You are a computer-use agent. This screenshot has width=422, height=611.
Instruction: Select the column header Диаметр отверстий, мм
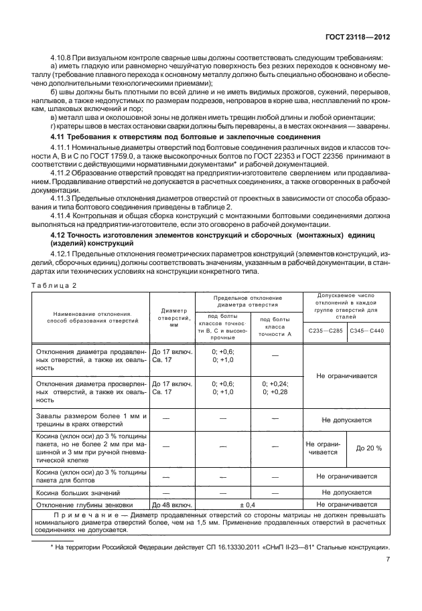[x=171, y=315]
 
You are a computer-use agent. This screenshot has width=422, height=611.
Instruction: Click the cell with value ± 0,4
[x=249, y=504]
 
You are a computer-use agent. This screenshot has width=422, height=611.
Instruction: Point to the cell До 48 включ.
[x=171, y=504]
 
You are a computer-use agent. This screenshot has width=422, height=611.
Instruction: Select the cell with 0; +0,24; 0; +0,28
[x=275, y=389]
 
